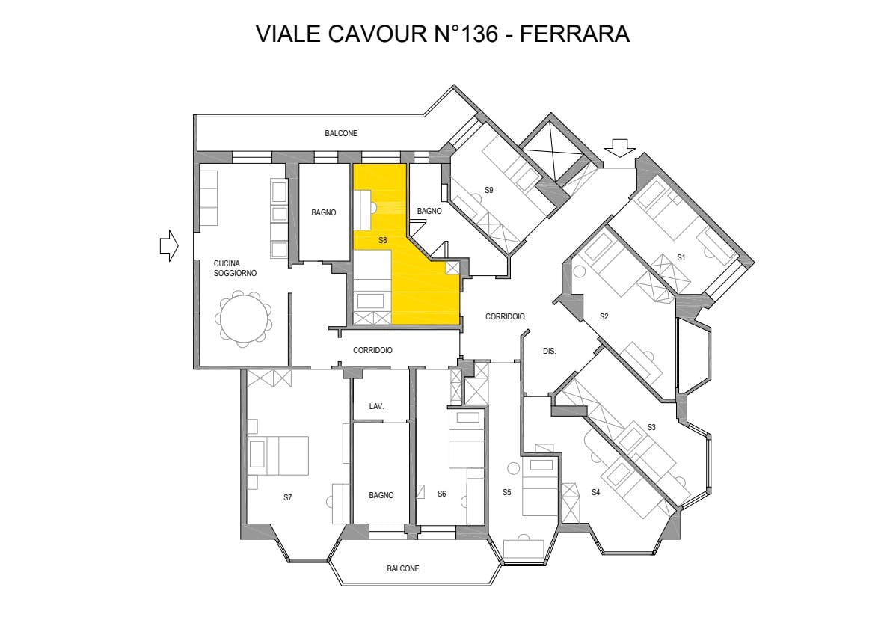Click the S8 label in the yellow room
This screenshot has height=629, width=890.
[x=382, y=241]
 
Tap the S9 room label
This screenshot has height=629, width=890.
[x=488, y=190]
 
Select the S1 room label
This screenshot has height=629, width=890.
[x=681, y=257]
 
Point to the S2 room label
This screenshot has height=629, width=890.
[x=604, y=316]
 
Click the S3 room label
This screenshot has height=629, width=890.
[x=651, y=427]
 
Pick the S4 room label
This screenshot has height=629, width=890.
[x=595, y=492]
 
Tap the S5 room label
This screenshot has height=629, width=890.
[x=506, y=492]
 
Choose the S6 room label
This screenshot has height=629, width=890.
[x=441, y=494]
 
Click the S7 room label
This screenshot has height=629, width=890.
[x=287, y=497]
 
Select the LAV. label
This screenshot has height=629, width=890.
[x=376, y=406]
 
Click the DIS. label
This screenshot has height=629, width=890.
[x=549, y=351]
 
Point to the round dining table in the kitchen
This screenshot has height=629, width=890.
[x=243, y=319]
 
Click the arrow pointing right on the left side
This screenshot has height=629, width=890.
[x=169, y=245]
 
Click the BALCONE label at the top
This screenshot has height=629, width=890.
[x=341, y=133]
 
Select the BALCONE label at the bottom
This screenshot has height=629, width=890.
[x=402, y=568]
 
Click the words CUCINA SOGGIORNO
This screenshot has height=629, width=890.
[x=235, y=269]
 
